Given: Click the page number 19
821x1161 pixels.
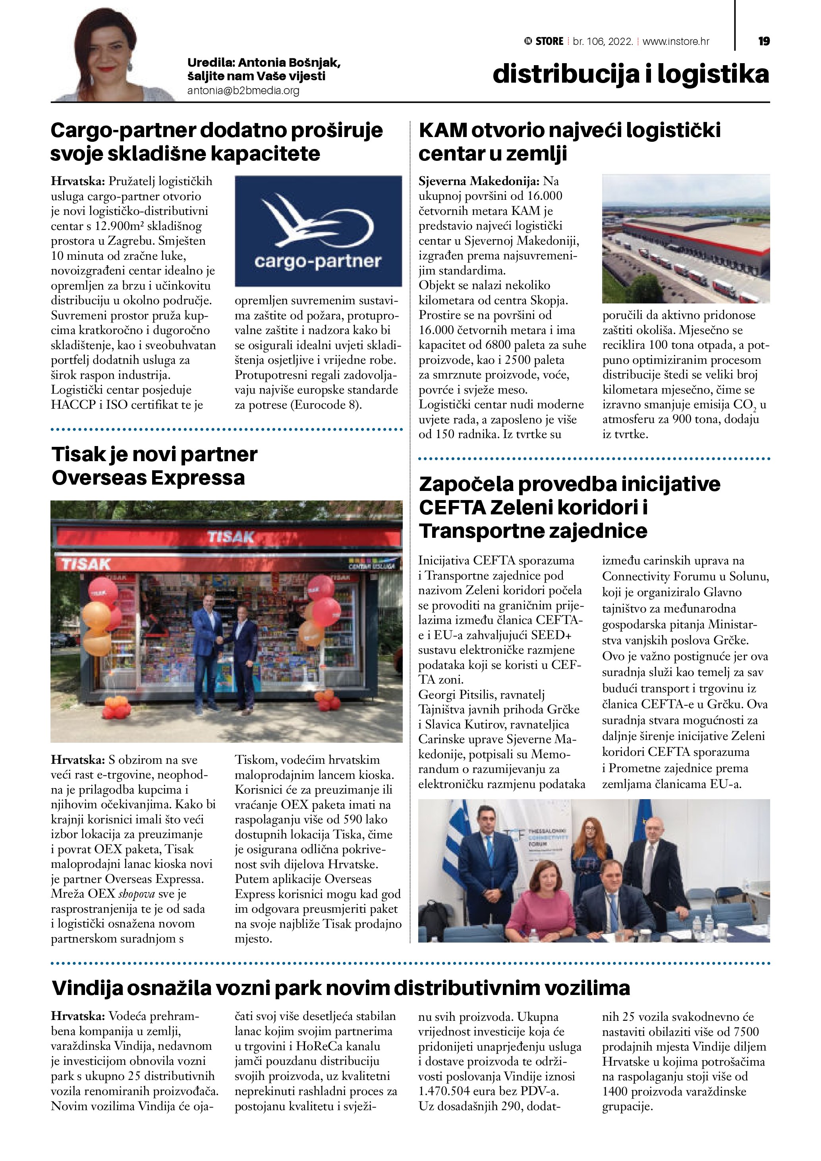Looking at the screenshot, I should (764, 41).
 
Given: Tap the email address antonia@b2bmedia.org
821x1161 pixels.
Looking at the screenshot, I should (243, 91).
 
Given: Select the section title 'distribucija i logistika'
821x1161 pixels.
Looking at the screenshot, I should (630, 74).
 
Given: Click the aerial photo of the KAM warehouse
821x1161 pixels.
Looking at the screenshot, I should (686, 238).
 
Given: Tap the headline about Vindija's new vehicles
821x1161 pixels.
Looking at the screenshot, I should (341, 987).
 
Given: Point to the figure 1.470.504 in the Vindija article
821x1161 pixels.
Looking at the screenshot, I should (447, 1091).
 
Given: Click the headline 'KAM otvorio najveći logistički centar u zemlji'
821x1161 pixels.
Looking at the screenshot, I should (569, 141).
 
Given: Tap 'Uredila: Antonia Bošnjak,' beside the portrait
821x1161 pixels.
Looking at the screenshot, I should (263, 63).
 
